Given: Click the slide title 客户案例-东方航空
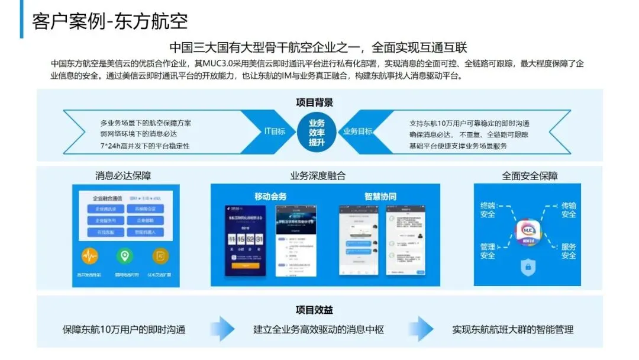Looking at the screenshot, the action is coord(111,21).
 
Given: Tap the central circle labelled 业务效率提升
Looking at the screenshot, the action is coord(317,132).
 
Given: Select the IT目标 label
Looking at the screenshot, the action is coord(275,131).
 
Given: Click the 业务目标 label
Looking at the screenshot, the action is coord(358,131).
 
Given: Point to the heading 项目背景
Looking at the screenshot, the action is coord(314,102).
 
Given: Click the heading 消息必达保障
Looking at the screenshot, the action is coord(123,176).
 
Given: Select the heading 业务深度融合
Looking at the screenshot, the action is coord(318,176).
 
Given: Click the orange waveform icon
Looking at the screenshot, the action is coord(90,256).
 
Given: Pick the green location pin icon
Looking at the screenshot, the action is coord(124,256).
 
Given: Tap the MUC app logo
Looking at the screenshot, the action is coord(525,229).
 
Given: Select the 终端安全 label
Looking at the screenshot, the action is coord(488,210).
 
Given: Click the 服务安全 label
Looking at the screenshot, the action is coord(569,251).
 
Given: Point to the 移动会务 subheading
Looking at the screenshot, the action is coord(270,197).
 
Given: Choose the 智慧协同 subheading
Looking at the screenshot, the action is coord(380,197).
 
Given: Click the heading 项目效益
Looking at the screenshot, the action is coord(314,310).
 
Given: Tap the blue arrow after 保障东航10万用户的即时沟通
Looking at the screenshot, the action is coord(223,329).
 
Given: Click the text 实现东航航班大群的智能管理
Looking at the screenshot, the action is coord(512,329).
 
